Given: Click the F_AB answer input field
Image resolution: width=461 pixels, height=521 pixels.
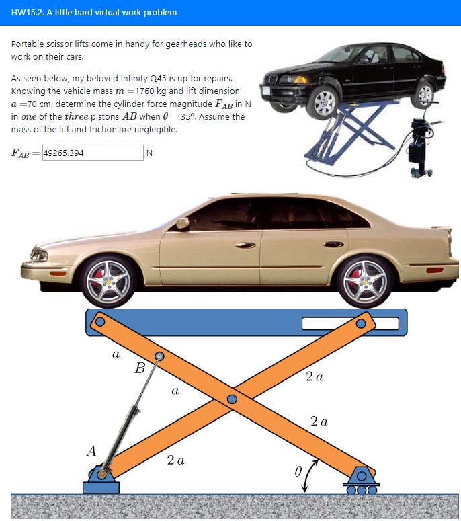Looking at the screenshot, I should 92,153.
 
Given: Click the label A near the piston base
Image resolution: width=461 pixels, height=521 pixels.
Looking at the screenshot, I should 91,451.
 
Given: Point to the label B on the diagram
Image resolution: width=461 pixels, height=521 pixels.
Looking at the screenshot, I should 140,368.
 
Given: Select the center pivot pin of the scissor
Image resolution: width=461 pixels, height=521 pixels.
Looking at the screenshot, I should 233,399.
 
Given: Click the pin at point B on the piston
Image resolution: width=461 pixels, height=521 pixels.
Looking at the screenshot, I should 160,356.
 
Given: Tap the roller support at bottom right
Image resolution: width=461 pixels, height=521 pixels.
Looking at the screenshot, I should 361,479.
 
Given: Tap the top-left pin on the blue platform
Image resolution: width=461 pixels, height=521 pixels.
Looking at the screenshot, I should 99,321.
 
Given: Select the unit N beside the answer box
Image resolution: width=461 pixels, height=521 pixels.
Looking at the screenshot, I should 149,153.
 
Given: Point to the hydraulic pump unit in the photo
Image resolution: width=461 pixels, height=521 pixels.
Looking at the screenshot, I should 420,145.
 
